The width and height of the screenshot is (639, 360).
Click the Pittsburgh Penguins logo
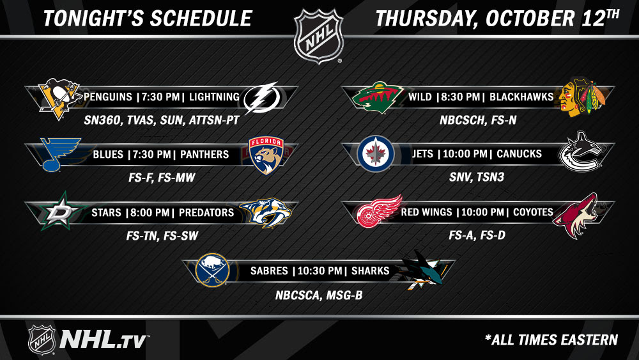(59, 98)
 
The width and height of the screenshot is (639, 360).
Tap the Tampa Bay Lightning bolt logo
(262, 98)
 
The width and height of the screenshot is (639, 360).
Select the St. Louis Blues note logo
(60, 154)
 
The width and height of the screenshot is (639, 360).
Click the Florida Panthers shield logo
(266, 155)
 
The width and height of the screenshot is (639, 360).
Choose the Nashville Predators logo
(266, 212)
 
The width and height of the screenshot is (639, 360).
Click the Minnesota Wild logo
(378, 97)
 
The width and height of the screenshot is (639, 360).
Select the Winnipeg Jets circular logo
(375, 153)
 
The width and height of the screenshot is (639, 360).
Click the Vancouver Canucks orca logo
(580, 152)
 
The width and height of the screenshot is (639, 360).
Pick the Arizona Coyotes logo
(576, 215)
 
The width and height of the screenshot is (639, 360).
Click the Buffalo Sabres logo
(212, 270)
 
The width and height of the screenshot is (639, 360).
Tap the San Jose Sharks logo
(422, 269)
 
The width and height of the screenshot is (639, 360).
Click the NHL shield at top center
(319, 36)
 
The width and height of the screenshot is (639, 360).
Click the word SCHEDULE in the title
(201, 19)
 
